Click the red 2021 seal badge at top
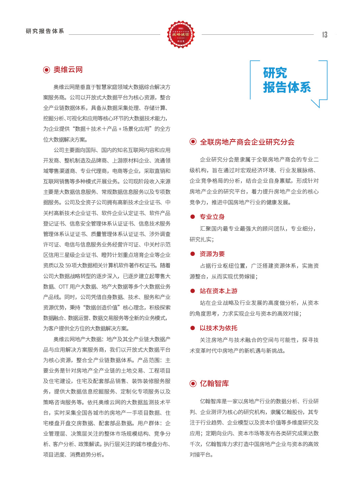[x=181, y=34]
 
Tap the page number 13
[x=325, y=35]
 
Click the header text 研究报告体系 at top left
[x=45, y=31]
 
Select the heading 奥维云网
[x=68, y=70]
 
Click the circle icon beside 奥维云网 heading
[x=46, y=70]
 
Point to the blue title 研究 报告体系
[x=287, y=80]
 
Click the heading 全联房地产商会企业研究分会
[x=247, y=142]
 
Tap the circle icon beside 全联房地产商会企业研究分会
[x=193, y=142]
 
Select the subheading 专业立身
[x=212, y=217]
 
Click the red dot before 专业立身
[x=193, y=217]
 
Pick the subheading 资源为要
[x=212, y=254]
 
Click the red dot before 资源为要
[x=193, y=254]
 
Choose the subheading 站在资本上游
[x=219, y=291]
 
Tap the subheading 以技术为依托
[x=219, y=328]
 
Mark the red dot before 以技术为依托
[x=193, y=328]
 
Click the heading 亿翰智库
[x=215, y=383]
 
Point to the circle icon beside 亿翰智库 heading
[x=193, y=383]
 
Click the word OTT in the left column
[x=63, y=287]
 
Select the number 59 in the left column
[x=68, y=265]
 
